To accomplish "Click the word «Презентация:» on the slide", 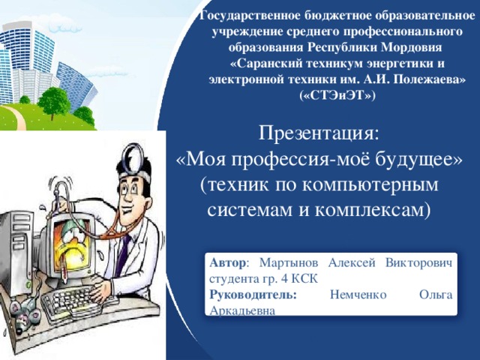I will point(319,133).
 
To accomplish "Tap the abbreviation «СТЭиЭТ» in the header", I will point(337,96).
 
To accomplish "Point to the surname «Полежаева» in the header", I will point(427,79).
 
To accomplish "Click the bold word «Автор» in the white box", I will point(226,263).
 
